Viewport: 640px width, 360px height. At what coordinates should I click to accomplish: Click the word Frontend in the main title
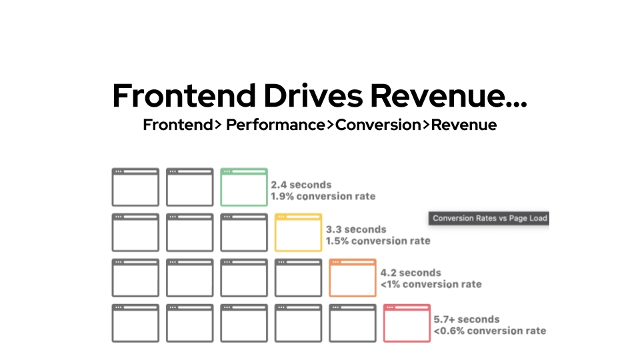click(x=184, y=95)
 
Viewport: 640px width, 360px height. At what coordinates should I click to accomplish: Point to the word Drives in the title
click(x=313, y=95)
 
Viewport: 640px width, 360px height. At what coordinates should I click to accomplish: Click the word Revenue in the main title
click(x=449, y=95)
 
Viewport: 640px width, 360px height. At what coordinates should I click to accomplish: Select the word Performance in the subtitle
click(x=275, y=125)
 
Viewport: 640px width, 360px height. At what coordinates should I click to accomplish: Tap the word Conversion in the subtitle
click(x=378, y=125)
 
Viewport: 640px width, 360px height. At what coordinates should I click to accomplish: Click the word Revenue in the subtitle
click(x=464, y=125)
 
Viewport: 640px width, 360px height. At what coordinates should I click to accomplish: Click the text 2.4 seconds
click(x=301, y=185)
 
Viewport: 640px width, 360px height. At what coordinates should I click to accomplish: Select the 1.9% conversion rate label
click(x=323, y=196)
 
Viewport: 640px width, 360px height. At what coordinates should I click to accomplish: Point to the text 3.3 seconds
click(x=356, y=229)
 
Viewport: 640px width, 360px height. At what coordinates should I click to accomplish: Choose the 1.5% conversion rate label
click(x=378, y=241)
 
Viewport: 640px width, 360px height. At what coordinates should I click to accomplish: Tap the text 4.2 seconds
click(x=411, y=273)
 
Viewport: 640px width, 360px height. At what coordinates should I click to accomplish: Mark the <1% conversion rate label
click(x=431, y=284)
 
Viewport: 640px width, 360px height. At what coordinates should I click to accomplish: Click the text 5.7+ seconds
click(x=467, y=319)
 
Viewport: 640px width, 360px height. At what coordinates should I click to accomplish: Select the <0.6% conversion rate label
click(x=490, y=331)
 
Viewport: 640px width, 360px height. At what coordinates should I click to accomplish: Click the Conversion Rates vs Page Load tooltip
click(x=489, y=219)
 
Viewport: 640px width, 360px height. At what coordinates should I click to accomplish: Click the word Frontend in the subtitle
click(x=178, y=125)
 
